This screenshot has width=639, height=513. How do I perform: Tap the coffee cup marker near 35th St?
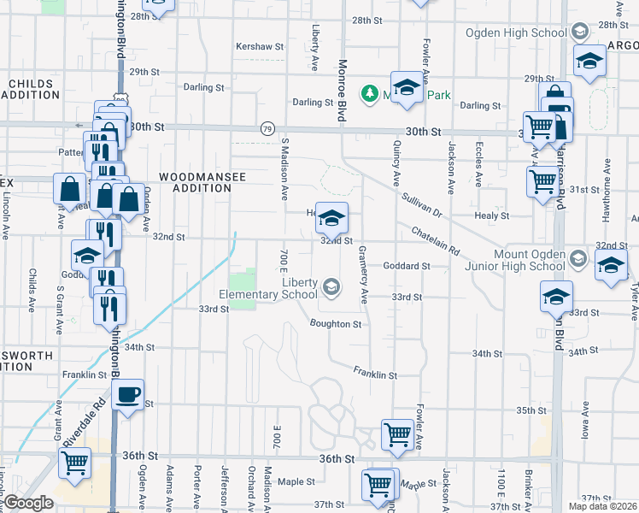[x=128, y=395]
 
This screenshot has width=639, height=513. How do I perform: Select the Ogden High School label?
[x=516, y=33]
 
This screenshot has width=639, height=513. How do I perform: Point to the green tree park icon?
[x=369, y=92]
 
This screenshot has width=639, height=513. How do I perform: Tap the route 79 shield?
[x=268, y=129]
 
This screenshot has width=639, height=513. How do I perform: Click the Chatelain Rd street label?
[x=436, y=241]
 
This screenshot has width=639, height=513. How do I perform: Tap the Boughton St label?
[x=336, y=325]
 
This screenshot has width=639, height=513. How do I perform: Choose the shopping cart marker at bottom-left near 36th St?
[x=75, y=463]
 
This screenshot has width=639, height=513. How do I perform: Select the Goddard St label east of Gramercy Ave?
[x=406, y=266]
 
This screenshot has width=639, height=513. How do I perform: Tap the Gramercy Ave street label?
[x=363, y=275]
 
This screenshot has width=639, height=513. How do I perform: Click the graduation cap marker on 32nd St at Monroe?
[x=331, y=219]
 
